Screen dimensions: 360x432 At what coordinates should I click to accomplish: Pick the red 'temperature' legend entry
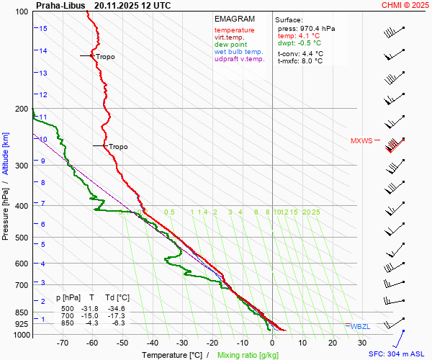click(x=234, y=30)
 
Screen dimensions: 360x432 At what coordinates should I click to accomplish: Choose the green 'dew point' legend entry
click(x=230, y=45)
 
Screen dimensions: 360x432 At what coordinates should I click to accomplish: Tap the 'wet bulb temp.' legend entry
click(x=239, y=52)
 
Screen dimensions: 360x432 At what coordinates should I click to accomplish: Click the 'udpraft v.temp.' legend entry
click(x=240, y=59)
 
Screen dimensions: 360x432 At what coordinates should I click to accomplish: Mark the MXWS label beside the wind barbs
click(x=361, y=141)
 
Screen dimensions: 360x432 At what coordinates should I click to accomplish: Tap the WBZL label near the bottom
click(x=359, y=326)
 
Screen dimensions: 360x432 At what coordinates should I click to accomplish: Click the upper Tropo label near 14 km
click(x=105, y=56)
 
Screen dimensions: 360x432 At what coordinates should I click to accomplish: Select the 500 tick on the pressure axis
click(x=22, y=238)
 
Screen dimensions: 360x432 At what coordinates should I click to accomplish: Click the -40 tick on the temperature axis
click(x=152, y=344)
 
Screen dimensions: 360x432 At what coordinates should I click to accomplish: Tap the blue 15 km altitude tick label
click(x=43, y=28)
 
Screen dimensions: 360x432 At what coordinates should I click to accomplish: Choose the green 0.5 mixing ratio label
click(x=169, y=212)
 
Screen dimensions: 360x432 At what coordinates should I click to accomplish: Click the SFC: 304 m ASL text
click(x=399, y=354)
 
